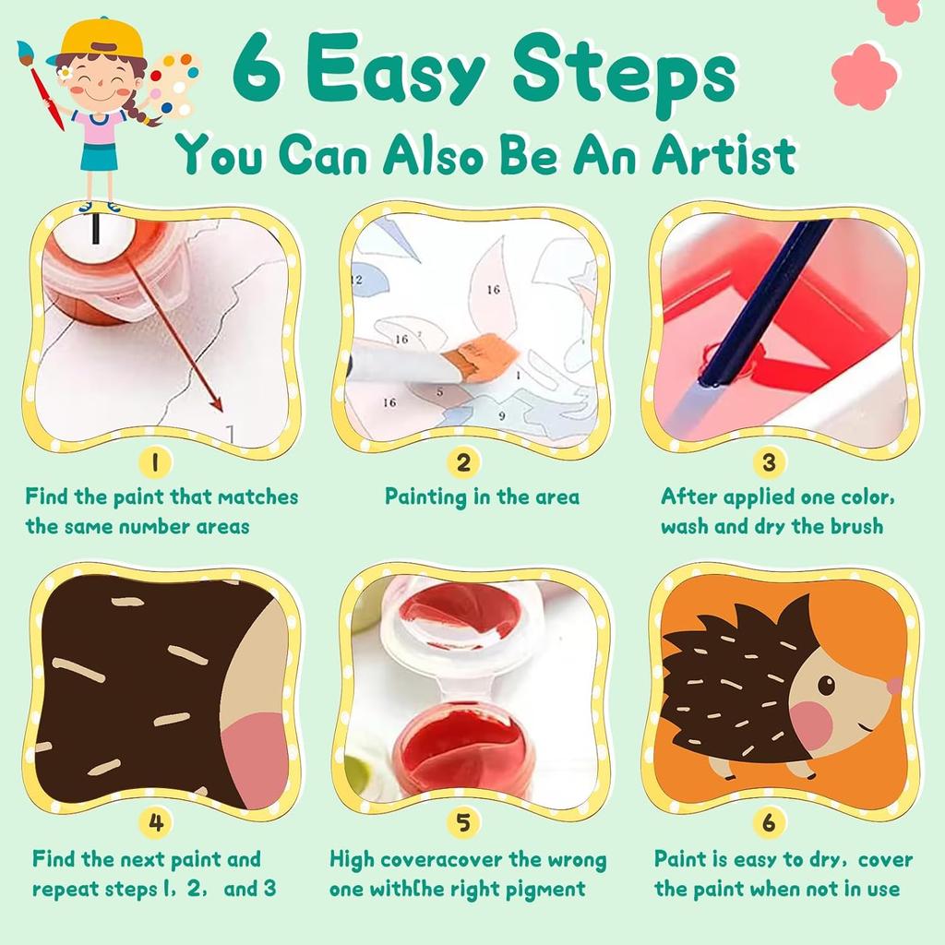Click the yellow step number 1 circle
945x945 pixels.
tap(155, 461)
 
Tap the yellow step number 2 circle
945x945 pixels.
tap(464, 461)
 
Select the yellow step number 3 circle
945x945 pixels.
tap(769, 461)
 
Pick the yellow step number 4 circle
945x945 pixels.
tap(155, 820)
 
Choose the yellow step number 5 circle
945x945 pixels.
tap(464, 820)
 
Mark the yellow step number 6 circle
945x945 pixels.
tap(769, 820)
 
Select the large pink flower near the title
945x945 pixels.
tap(865, 76)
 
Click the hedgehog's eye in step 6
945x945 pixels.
tap(826, 685)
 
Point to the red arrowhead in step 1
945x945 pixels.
tap(217, 403)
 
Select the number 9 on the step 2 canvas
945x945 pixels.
tap(502, 416)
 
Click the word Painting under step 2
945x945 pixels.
tap(425, 496)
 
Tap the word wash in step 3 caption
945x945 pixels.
tap(689, 527)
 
